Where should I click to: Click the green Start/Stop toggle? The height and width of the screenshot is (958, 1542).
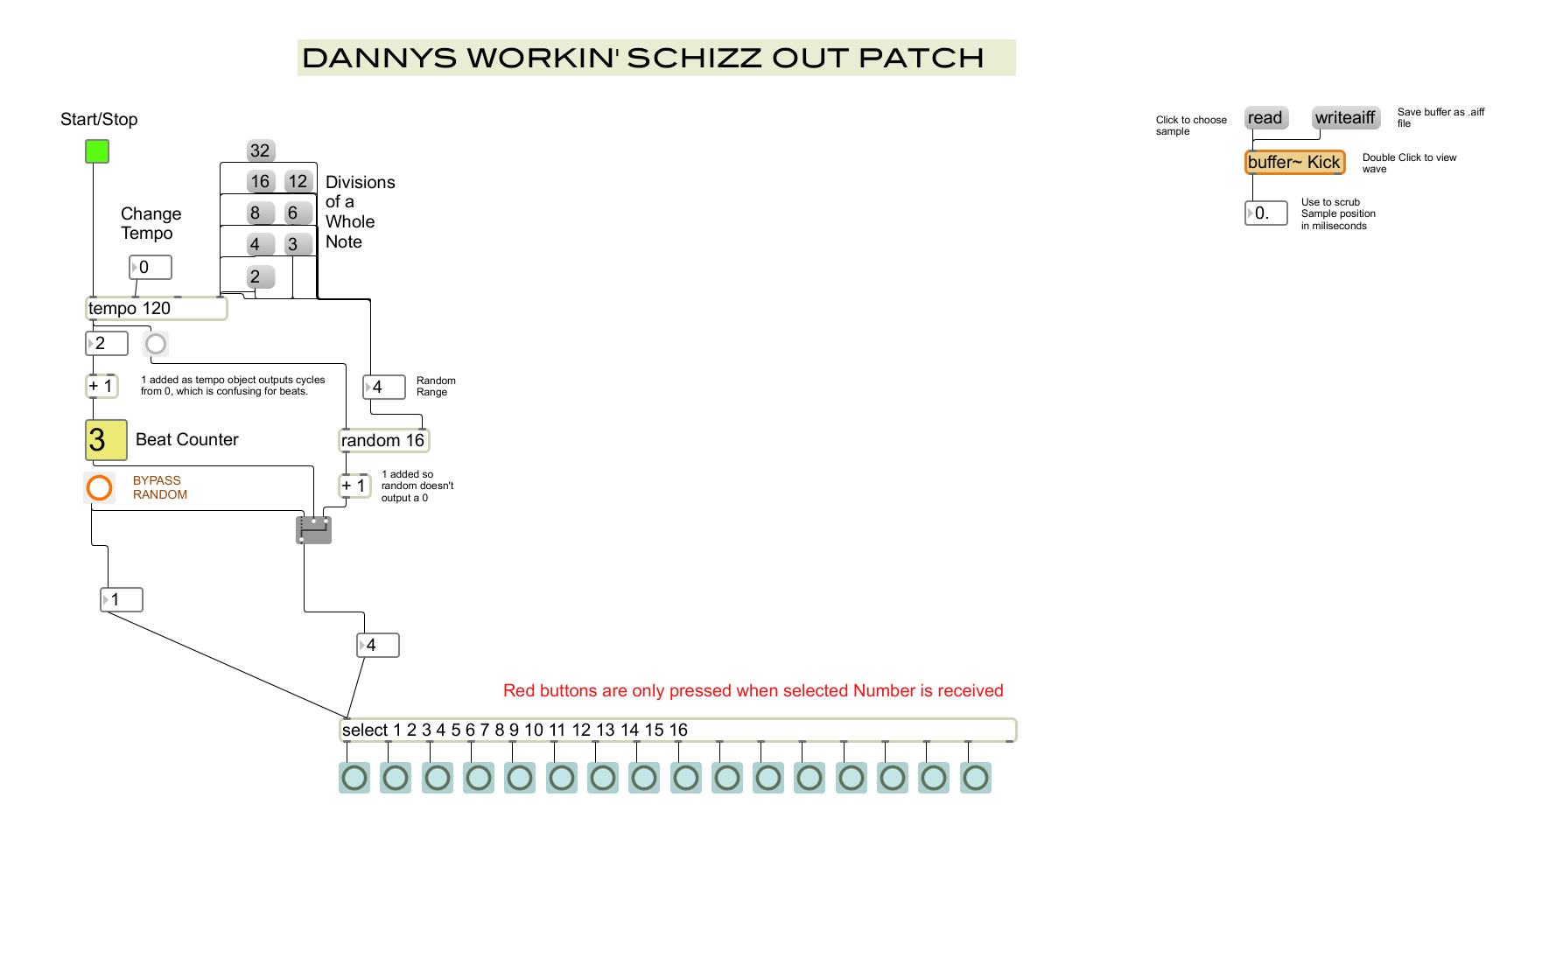[x=97, y=151]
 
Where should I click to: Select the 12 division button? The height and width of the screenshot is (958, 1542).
[x=298, y=181]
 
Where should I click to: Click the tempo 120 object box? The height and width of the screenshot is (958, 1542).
[x=156, y=308]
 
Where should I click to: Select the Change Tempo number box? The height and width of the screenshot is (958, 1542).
[x=151, y=267]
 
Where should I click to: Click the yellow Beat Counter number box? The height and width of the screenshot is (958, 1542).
[x=106, y=439]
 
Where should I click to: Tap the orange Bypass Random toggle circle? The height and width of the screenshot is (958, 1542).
[x=100, y=487]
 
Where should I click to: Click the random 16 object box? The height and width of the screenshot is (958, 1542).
[x=383, y=440]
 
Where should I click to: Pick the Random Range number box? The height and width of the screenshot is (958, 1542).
[x=384, y=387]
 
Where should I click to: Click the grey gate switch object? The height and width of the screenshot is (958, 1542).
[x=313, y=529]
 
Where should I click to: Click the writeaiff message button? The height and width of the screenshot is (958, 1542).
[x=1345, y=118]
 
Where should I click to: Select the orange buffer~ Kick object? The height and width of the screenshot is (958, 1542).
[x=1294, y=162]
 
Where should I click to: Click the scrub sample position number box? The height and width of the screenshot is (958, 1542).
[x=1266, y=213]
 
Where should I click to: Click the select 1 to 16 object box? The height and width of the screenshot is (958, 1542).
[x=677, y=730]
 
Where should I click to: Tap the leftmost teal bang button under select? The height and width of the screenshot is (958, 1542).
[x=354, y=778]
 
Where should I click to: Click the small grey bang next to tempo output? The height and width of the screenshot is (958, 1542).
[x=156, y=344]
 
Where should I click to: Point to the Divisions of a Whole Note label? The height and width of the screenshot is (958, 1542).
[x=360, y=212]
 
